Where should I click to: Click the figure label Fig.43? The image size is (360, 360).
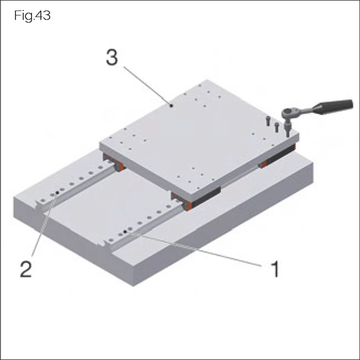[33, 16]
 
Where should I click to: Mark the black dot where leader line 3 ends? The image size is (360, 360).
[172, 104]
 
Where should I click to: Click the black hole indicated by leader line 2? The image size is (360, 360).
[57, 193]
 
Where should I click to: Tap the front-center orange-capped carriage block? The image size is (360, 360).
[188, 203]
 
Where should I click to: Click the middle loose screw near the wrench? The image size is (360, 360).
[277, 126]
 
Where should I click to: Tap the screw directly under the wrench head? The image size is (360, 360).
[288, 130]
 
